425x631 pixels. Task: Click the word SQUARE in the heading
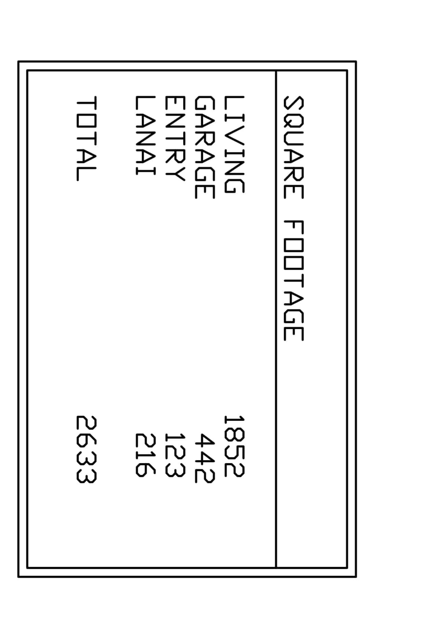pos(294,147)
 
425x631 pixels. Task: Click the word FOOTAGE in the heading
pos(294,281)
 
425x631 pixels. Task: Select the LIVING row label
pos(234,145)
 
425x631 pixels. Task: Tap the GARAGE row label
pos(205,147)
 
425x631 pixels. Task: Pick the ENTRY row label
pos(175,139)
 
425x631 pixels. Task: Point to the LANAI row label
pos(145,136)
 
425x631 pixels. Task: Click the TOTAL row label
pos(86,139)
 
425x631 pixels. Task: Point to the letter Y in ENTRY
pos(175,173)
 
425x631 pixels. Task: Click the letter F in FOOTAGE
pos(294,228)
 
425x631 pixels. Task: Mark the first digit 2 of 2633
pos(86,423)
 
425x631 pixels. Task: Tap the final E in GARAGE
pos(205,192)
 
